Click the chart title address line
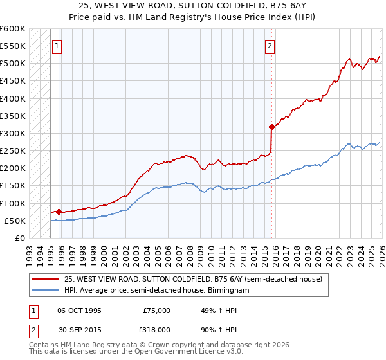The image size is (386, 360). coord(193,6)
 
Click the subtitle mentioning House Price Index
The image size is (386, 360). coord(193,17)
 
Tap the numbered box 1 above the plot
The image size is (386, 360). coord(58,46)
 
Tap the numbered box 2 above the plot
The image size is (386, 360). coord(270,46)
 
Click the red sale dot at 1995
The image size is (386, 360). coord(59,212)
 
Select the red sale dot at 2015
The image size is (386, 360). coord(271,127)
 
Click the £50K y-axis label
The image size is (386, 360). coord(15,221)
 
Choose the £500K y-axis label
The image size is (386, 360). coord(13,64)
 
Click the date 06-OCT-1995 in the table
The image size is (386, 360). coord(79,310)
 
